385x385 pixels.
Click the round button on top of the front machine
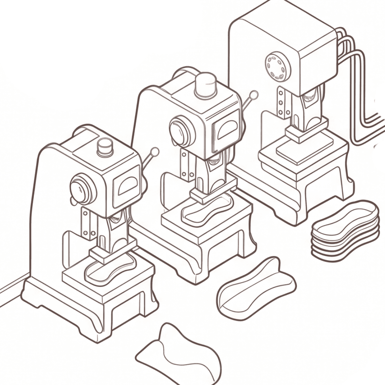click(x=105, y=146)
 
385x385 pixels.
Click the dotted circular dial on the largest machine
click(x=276, y=66)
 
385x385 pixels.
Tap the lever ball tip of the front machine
click(x=155, y=152)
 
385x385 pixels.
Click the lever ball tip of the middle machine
click(x=254, y=95)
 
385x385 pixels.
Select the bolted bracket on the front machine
click(x=86, y=223)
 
